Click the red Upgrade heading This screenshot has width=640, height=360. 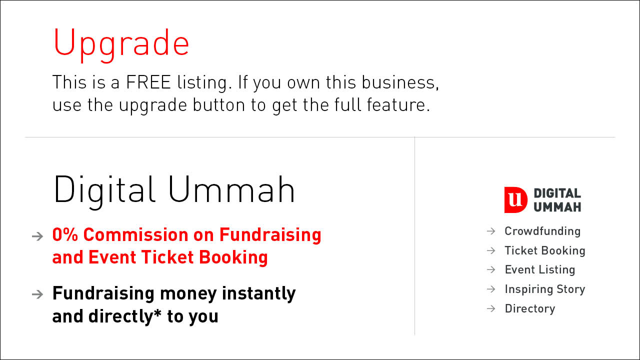pyautogui.click(x=121, y=44)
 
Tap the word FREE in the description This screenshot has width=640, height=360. pyautogui.click(x=148, y=82)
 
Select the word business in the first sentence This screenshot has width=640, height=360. pyautogui.click(x=400, y=82)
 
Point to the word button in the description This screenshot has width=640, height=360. pyautogui.click(x=219, y=104)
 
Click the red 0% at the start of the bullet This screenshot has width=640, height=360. pyautogui.click(x=65, y=235)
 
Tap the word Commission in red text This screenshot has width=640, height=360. pyautogui.click(x=135, y=235)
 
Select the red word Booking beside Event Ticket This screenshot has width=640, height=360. pyautogui.click(x=233, y=257)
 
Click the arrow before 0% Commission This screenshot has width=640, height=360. pyautogui.click(x=37, y=236)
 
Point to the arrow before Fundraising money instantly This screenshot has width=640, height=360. pyautogui.click(x=37, y=294)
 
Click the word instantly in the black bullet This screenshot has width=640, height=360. pyautogui.click(x=259, y=294)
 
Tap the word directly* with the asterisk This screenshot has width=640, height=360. pyautogui.click(x=125, y=316)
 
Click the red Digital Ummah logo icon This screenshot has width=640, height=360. pyautogui.click(x=515, y=200)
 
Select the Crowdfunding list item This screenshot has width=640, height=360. pyautogui.click(x=542, y=231)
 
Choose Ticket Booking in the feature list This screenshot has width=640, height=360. pyautogui.click(x=545, y=250)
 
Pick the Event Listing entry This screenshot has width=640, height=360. pyautogui.click(x=540, y=269)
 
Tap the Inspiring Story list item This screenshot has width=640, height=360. pyautogui.click(x=545, y=289)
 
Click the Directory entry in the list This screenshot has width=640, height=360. pyautogui.click(x=530, y=308)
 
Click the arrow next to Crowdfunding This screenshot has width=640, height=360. pyautogui.click(x=491, y=231)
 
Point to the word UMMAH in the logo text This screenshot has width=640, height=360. pyautogui.click(x=557, y=207)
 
